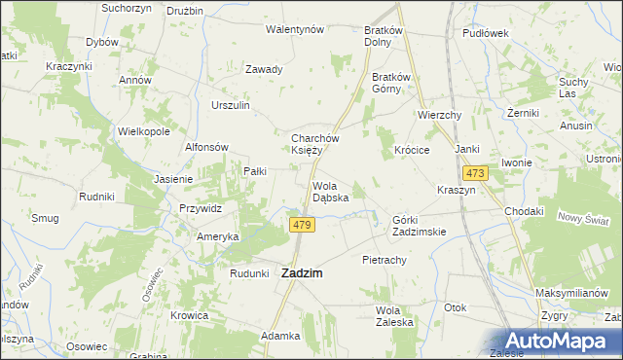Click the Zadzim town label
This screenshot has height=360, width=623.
[302, 274]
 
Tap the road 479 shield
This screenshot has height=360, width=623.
[302, 225]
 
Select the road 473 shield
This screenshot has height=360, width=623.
[475, 172]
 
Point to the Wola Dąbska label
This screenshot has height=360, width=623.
[331, 192]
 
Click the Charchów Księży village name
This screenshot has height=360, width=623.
[313, 144]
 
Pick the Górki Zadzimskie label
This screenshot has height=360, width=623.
[419, 226]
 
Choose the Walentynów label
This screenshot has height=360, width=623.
[295, 30]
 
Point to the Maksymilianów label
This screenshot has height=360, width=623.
[578, 293]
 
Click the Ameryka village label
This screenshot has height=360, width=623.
[218, 236]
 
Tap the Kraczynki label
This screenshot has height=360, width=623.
[68, 66]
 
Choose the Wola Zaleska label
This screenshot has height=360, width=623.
[395, 316]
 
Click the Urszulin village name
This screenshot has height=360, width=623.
[232, 105]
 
